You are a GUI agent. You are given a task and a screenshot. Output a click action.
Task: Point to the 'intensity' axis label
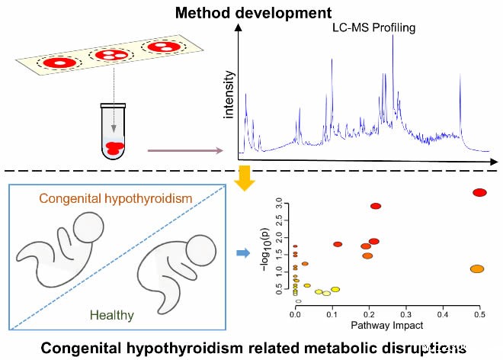tap(228, 95)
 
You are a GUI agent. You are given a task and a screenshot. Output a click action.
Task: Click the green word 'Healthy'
tap(112, 314)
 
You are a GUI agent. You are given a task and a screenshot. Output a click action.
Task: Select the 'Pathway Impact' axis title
tap(387, 326)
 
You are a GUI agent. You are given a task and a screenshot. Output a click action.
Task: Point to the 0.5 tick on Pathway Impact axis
tap(479, 313)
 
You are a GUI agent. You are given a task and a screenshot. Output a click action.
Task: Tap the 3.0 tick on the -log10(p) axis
tap(280, 204)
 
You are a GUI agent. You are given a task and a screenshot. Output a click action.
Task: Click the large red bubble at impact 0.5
tap(479, 192)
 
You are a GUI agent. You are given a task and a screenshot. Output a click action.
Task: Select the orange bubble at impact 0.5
tap(477, 269)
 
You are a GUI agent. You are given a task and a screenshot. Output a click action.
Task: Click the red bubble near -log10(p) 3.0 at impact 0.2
tap(375, 206)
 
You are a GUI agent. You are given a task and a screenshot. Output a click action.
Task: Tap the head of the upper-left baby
tap(88, 226)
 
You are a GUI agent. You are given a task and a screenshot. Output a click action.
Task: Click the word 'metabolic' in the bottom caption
tap(315, 348)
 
